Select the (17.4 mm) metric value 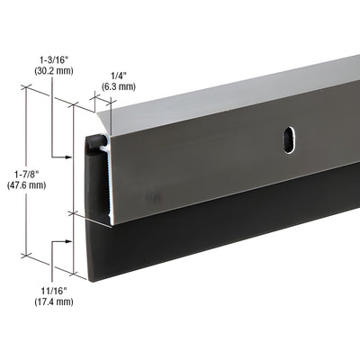pos(57,301)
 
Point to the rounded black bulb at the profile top pos(93,142)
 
